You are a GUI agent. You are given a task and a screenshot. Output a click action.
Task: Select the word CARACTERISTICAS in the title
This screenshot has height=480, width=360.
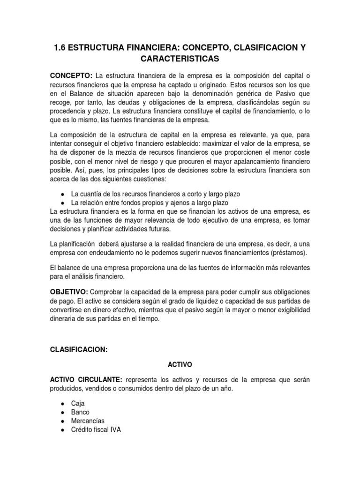[x=180, y=60]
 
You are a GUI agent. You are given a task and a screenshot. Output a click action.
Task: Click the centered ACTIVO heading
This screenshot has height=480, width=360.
[x=180, y=364]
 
